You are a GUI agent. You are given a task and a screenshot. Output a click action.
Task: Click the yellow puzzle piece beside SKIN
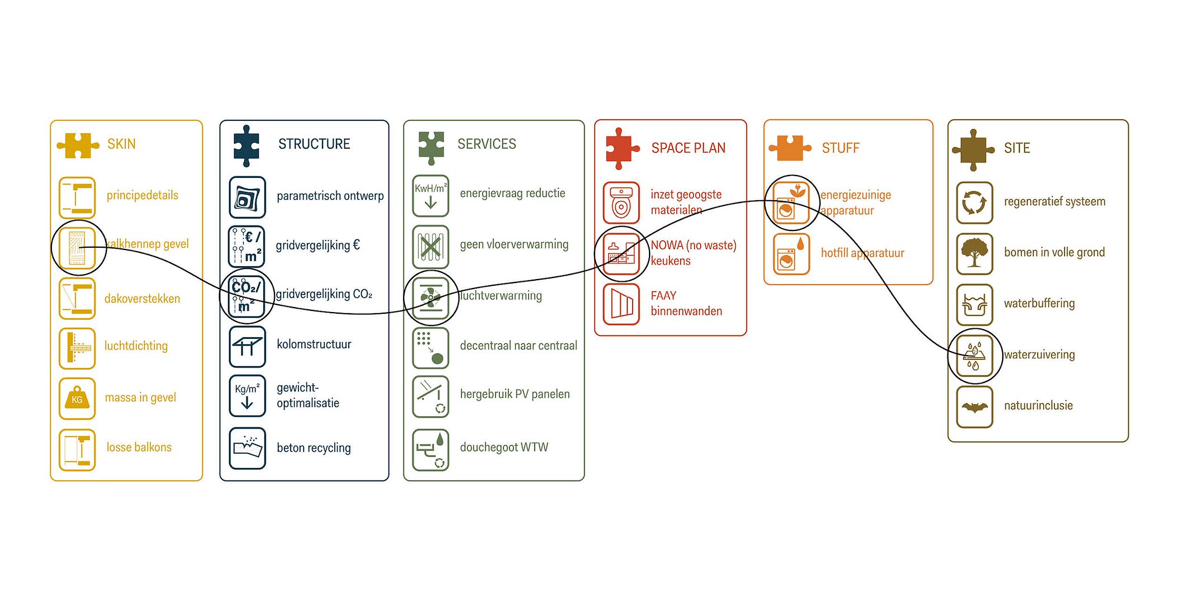click(77, 145)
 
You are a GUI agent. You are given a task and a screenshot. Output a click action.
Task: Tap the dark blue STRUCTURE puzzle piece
click(247, 145)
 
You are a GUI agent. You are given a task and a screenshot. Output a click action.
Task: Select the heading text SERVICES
click(486, 144)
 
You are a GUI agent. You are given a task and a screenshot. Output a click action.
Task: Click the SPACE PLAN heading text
click(688, 148)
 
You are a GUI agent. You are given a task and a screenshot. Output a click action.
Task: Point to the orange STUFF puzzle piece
click(789, 148)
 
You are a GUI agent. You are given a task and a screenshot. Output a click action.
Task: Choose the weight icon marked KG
click(77, 398)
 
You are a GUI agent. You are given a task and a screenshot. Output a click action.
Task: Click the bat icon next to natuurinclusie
click(974, 407)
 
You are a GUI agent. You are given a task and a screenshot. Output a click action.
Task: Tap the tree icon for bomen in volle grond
click(974, 253)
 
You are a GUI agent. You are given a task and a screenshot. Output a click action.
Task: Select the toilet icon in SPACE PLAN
click(621, 202)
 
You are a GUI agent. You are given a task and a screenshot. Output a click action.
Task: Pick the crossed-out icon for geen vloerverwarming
click(430, 246)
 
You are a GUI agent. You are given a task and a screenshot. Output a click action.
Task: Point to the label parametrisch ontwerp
click(330, 196)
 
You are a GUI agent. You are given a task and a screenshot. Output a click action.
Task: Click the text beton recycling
click(314, 448)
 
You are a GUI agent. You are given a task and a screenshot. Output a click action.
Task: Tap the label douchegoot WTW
click(504, 447)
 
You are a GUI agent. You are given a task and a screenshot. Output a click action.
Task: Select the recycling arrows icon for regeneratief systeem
click(974, 202)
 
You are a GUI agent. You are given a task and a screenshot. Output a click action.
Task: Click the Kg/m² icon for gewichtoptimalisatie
click(247, 395)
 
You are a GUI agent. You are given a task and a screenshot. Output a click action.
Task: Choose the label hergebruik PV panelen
click(514, 394)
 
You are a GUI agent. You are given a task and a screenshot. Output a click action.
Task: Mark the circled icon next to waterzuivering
click(974, 356)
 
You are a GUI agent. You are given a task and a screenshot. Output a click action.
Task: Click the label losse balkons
click(139, 447)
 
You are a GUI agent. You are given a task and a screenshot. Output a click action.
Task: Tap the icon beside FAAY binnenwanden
click(621, 304)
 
